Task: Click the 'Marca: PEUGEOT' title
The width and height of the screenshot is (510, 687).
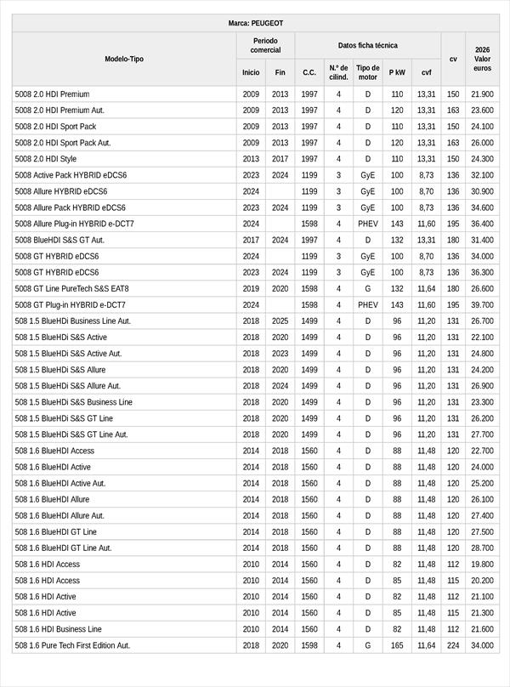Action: coord(255,23)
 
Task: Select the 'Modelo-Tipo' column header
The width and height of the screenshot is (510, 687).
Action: coord(124,59)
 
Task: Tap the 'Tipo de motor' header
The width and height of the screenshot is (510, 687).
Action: coord(367,72)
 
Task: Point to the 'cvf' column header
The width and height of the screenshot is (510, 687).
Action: coord(426,73)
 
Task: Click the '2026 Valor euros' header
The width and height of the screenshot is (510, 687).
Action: coord(482,59)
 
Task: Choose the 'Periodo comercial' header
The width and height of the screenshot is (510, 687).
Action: coord(265,45)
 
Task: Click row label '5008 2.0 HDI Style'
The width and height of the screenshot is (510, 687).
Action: coord(46,159)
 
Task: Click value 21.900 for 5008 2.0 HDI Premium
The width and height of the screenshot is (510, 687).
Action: coord(482,94)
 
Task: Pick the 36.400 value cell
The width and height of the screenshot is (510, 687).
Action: coord(482,224)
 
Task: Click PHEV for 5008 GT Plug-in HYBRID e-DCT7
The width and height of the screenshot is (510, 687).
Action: coord(367,304)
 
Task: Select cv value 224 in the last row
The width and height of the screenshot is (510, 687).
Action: coord(453,645)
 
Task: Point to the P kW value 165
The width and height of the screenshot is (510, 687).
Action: coord(397,645)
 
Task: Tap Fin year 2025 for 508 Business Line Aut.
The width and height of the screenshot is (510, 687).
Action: coord(280,321)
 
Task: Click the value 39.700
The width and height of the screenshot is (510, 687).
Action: coord(482,304)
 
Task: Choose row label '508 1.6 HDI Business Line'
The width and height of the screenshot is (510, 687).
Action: coord(59,629)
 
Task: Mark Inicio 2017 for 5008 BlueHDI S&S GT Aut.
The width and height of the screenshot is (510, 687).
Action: coord(251,240)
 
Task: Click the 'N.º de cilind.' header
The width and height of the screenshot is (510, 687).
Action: coord(338,72)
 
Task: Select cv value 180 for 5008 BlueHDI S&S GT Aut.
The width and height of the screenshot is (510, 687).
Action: coord(453,240)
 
